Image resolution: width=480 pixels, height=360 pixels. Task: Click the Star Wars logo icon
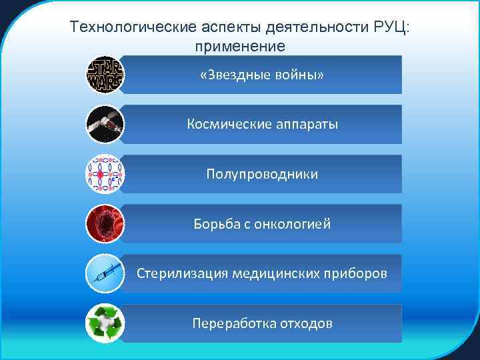point(105,75)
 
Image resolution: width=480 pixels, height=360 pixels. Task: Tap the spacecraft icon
point(105,124)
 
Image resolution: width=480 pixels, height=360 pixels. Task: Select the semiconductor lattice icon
point(105,174)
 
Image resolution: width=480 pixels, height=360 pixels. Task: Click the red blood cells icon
point(105,224)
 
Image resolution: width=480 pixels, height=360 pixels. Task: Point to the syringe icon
point(105,274)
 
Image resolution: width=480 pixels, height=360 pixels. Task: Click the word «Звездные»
point(235,75)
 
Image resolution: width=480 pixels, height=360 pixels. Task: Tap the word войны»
point(299,75)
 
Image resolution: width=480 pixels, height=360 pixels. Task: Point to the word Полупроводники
point(262,175)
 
